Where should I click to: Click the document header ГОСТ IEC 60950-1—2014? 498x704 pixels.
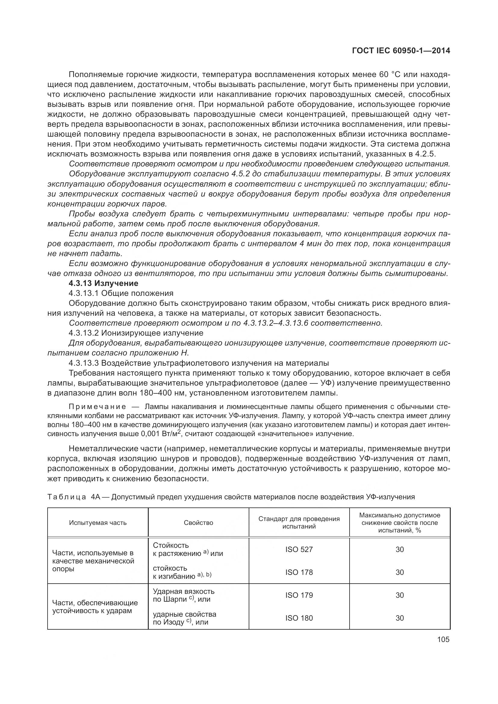point(401,51)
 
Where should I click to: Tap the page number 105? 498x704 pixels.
point(443,639)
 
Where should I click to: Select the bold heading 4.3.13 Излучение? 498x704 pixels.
point(103,283)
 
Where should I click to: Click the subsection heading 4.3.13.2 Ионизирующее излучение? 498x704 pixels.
point(136,333)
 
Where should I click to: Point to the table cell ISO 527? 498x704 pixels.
point(299,549)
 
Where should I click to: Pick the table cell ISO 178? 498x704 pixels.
point(299,572)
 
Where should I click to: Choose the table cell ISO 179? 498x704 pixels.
point(299,595)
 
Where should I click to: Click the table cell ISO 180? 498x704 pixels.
point(299,618)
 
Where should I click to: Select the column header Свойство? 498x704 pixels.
point(198,523)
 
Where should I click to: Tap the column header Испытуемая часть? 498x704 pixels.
point(98,523)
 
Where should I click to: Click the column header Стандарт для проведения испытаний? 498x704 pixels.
point(299,523)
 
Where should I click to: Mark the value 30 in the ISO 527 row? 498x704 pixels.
point(400,549)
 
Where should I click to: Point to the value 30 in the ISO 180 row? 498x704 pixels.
point(400,618)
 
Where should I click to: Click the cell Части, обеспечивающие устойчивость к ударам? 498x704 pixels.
point(95,606)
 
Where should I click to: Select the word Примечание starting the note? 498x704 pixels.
point(97,407)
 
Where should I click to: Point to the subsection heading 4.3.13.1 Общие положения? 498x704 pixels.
point(121,293)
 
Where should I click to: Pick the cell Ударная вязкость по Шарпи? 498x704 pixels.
point(183,595)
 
